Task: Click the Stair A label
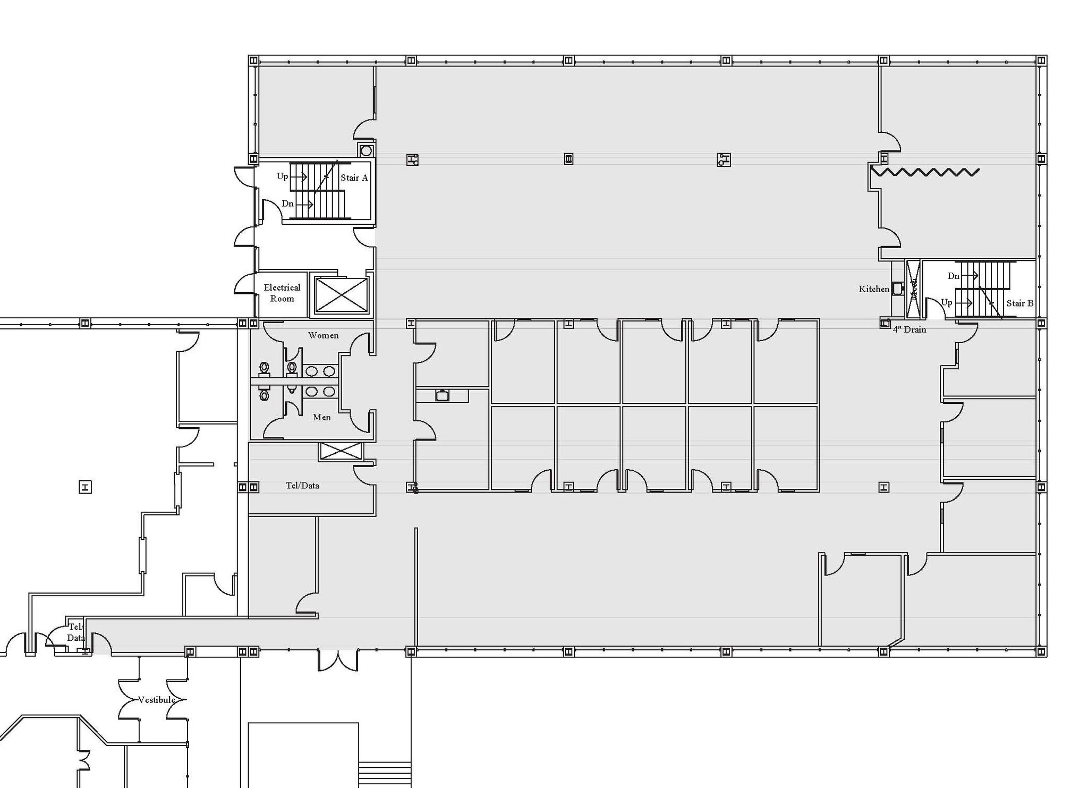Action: tap(354, 177)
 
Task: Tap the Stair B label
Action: tap(1019, 303)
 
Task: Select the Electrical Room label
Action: tap(282, 293)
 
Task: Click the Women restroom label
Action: tap(323, 335)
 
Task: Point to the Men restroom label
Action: tap(321, 417)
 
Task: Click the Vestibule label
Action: tap(156, 700)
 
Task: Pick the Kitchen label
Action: tap(873, 289)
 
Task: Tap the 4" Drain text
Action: tap(909, 329)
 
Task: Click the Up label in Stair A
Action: tap(282, 176)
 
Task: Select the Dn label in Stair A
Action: tap(287, 204)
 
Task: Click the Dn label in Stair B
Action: tap(953, 276)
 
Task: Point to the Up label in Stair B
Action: tap(946, 302)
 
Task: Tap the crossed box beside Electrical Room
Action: tap(341, 294)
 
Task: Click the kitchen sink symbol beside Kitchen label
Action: tap(898, 289)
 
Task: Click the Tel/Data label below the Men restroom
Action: tap(302, 485)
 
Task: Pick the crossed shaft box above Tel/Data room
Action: tap(341, 451)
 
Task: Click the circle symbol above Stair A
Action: tap(366, 151)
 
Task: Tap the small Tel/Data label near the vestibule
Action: tap(75, 632)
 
